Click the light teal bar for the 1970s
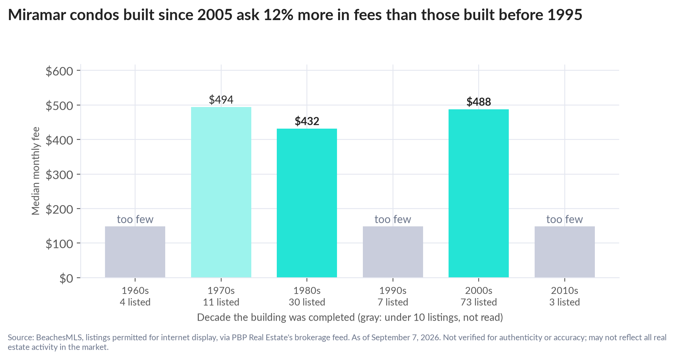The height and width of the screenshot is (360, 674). pyautogui.click(x=221, y=192)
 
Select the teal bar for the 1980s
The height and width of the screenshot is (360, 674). pyautogui.click(x=307, y=203)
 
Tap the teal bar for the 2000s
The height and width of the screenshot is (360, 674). pyautogui.click(x=479, y=193)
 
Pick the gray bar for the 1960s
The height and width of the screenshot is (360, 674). pyautogui.click(x=135, y=252)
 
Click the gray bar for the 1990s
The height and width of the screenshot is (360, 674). pyautogui.click(x=393, y=252)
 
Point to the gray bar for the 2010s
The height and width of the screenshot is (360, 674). pyautogui.click(x=565, y=252)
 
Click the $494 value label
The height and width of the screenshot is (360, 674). pyautogui.click(x=221, y=100)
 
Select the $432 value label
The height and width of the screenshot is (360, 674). pyautogui.click(x=307, y=121)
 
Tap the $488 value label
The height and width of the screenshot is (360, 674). pyautogui.click(x=479, y=102)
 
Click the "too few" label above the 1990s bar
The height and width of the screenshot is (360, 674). pyautogui.click(x=393, y=219)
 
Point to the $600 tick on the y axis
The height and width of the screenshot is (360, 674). pyautogui.click(x=59, y=71)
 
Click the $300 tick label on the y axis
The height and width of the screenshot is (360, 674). pyautogui.click(x=59, y=175)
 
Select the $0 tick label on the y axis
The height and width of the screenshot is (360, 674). pyautogui.click(x=66, y=278)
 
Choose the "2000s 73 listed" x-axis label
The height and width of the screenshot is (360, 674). pyautogui.click(x=479, y=296)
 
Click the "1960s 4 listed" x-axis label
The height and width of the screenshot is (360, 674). pyautogui.click(x=135, y=296)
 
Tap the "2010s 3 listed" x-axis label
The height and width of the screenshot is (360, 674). pyautogui.click(x=565, y=296)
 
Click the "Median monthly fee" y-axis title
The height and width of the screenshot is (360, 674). pyautogui.click(x=36, y=171)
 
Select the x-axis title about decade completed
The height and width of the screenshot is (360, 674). pyautogui.click(x=350, y=318)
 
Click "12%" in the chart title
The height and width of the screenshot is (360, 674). pyautogui.click(x=277, y=15)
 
